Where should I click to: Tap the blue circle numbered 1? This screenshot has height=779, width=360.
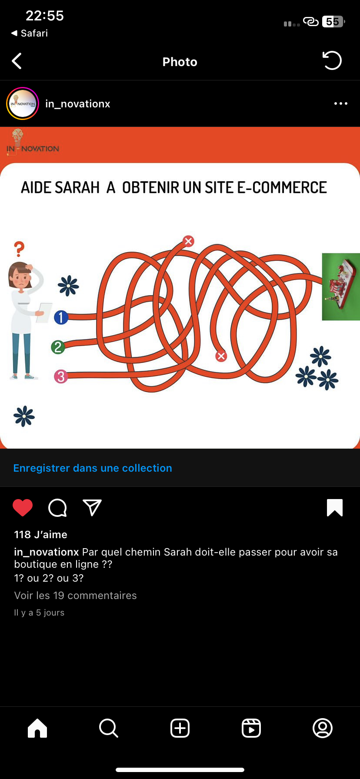point(61,317)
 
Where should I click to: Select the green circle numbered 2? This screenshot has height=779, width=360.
point(58,347)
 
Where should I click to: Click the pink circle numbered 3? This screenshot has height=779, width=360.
point(61,376)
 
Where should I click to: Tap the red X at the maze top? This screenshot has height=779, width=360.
point(188,241)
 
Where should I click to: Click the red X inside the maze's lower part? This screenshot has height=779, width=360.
point(221,356)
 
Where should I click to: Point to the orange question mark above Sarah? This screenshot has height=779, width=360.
point(19,249)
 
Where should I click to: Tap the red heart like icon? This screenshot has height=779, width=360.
point(23,508)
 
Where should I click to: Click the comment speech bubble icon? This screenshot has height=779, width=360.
point(57,508)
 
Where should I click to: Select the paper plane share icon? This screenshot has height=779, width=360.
point(92,507)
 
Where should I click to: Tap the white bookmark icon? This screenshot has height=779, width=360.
point(335,508)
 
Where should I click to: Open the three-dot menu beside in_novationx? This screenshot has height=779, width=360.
point(341,103)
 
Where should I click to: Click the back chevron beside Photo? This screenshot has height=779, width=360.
point(17,61)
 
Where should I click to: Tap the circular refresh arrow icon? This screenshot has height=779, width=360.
point(332,60)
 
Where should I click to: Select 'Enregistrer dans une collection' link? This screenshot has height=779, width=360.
point(93,468)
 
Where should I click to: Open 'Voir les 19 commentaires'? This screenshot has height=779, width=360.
point(76,596)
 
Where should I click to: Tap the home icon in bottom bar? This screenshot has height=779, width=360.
point(37,728)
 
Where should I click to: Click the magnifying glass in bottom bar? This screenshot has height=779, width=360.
point(109,728)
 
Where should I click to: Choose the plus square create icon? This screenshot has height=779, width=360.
point(180,728)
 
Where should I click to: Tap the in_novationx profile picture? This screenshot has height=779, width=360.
point(23,103)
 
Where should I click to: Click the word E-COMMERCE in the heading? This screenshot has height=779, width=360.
point(282,188)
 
